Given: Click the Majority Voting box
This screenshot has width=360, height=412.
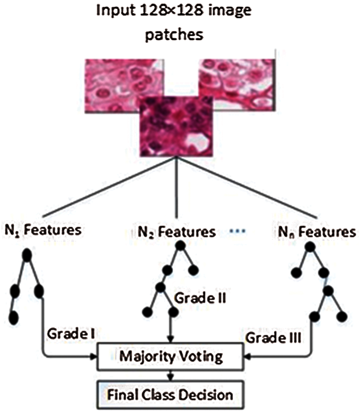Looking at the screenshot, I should tap(171, 357).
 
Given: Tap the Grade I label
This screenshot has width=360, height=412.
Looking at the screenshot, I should tap(71, 334).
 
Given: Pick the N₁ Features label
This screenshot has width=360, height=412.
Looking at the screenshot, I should tap(43, 231).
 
